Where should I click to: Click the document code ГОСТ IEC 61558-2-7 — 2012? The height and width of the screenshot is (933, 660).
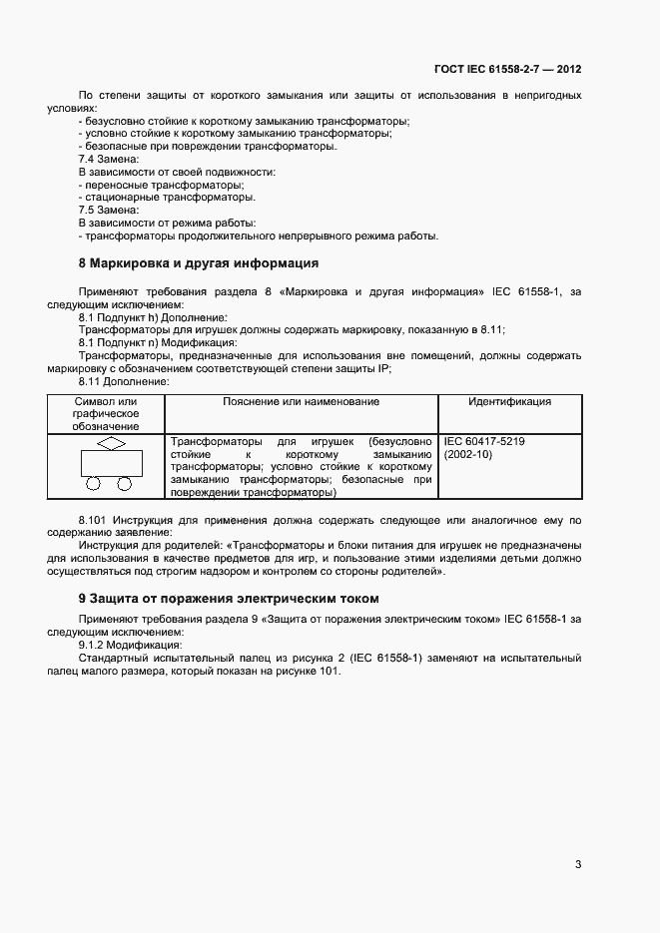click(x=507, y=70)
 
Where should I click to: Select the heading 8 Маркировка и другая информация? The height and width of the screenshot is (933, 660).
click(x=198, y=263)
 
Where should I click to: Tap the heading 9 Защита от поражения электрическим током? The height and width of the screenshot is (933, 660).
click(x=229, y=598)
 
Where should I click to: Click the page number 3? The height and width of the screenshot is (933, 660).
click(x=578, y=864)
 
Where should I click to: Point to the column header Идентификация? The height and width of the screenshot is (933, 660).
click(x=509, y=401)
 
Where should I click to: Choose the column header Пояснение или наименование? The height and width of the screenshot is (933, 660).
click(x=301, y=401)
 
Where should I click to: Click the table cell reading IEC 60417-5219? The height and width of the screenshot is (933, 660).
click(x=484, y=440)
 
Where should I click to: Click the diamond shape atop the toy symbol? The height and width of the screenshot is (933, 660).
click(x=110, y=442)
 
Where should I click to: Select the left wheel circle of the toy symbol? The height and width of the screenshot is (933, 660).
click(x=94, y=484)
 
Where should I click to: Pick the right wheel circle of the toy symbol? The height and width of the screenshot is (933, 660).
click(x=125, y=484)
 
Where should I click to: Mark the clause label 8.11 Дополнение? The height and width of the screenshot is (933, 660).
click(x=123, y=381)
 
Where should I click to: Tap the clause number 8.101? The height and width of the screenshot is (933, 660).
click(x=93, y=520)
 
